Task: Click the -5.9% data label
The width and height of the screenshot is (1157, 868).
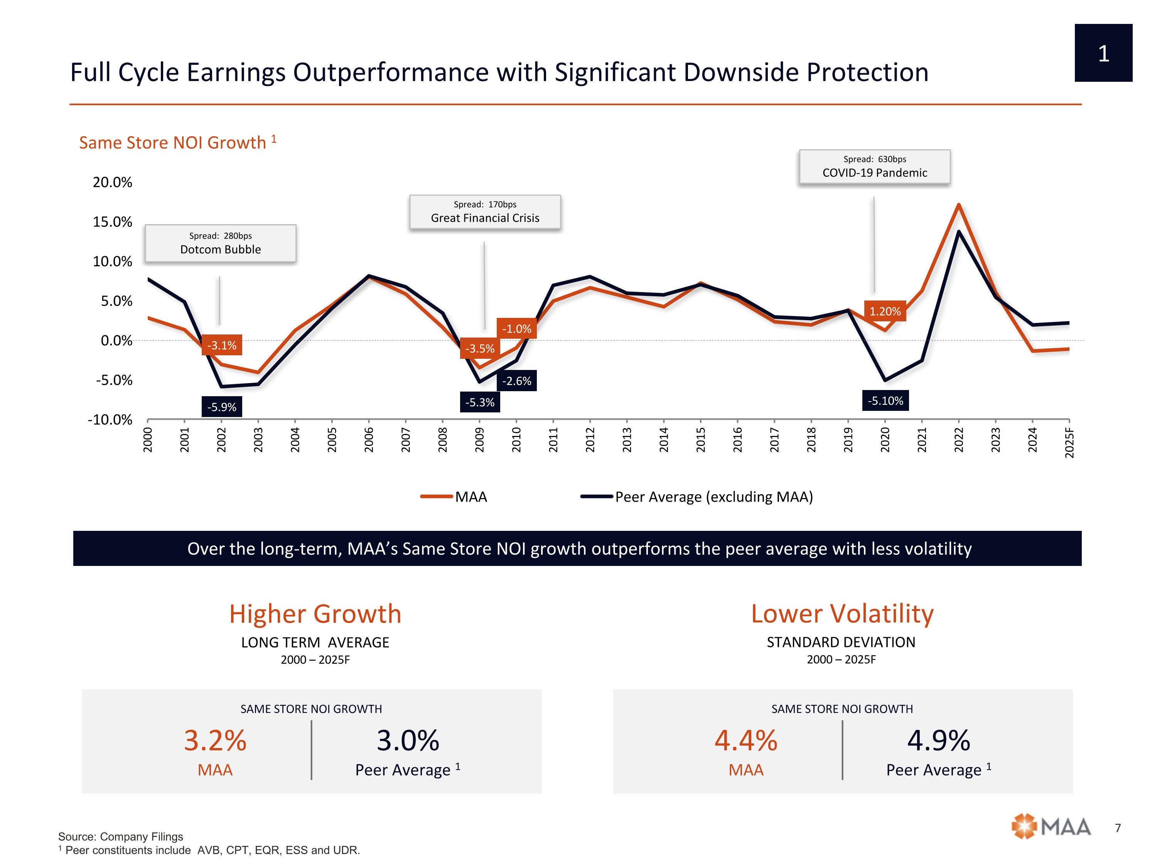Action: click(x=221, y=407)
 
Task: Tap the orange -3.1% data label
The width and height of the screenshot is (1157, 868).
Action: click(x=221, y=345)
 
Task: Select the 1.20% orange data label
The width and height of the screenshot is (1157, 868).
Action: click(x=884, y=311)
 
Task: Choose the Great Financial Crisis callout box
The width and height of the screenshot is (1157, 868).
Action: click(x=485, y=212)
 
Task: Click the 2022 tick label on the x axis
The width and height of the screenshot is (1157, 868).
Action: click(x=959, y=439)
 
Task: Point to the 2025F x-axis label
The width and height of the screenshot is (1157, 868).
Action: click(x=1069, y=442)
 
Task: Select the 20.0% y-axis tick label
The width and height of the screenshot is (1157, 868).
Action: click(x=113, y=182)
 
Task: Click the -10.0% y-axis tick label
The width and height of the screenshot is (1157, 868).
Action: click(x=110, y=420)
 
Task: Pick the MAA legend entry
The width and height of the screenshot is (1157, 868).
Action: click(x=454, y=496)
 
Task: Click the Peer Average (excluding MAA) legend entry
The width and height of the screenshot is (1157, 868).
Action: click(x=697, y=496)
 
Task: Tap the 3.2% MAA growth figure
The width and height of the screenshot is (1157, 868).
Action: click(x=215, y=740)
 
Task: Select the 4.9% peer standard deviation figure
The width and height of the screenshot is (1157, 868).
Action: click(x=938, y=740)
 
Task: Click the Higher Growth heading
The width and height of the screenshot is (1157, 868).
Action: click(x=315, y=614)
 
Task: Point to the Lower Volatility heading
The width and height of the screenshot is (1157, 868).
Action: click(x=842, y=614)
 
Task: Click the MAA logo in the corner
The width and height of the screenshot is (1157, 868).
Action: click(x=1051, y=827)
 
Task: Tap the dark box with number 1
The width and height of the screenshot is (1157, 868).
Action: click(x=1103, y=53)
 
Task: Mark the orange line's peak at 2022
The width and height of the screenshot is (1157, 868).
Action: click(x=958, y=204)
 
